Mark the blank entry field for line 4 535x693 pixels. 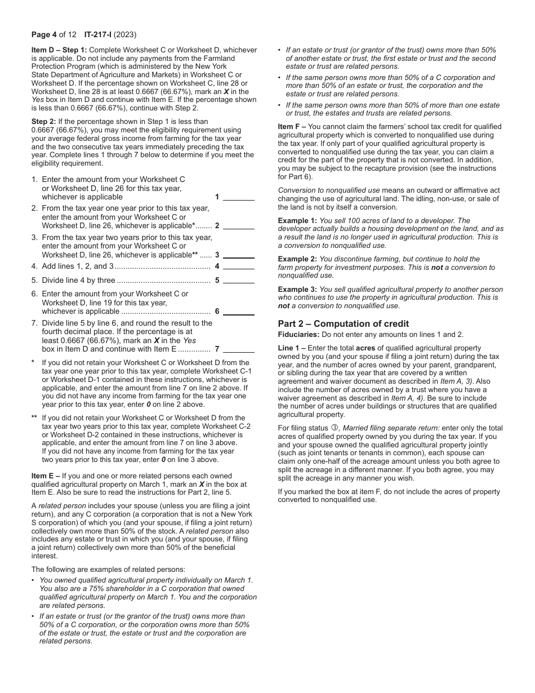point(239,266)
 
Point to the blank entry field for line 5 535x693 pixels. point(239,280)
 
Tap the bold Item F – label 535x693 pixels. point(292,127)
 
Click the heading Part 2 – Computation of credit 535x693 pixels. point(343,323)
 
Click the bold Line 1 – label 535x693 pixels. point(292,348)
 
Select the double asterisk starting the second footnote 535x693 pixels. point(35,418)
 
